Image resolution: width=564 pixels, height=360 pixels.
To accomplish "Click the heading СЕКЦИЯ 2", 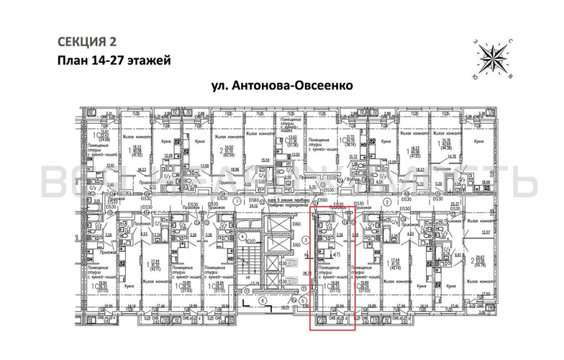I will (85, 40).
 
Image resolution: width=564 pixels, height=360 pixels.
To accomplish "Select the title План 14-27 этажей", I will (113, 60).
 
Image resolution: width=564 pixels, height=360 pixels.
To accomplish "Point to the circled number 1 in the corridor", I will (236, 202).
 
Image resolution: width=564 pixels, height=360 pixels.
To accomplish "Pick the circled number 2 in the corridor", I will (388, 202).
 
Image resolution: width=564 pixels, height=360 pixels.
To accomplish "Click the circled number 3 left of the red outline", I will (305, 240).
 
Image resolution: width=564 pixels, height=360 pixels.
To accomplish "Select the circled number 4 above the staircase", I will (243, 235).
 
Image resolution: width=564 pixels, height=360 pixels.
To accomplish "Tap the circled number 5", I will (304, 300).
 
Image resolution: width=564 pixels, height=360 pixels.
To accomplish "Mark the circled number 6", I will (263, 300).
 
